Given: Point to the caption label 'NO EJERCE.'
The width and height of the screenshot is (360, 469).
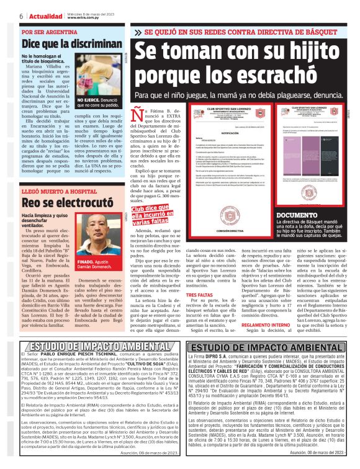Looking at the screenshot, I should click(89, 99).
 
